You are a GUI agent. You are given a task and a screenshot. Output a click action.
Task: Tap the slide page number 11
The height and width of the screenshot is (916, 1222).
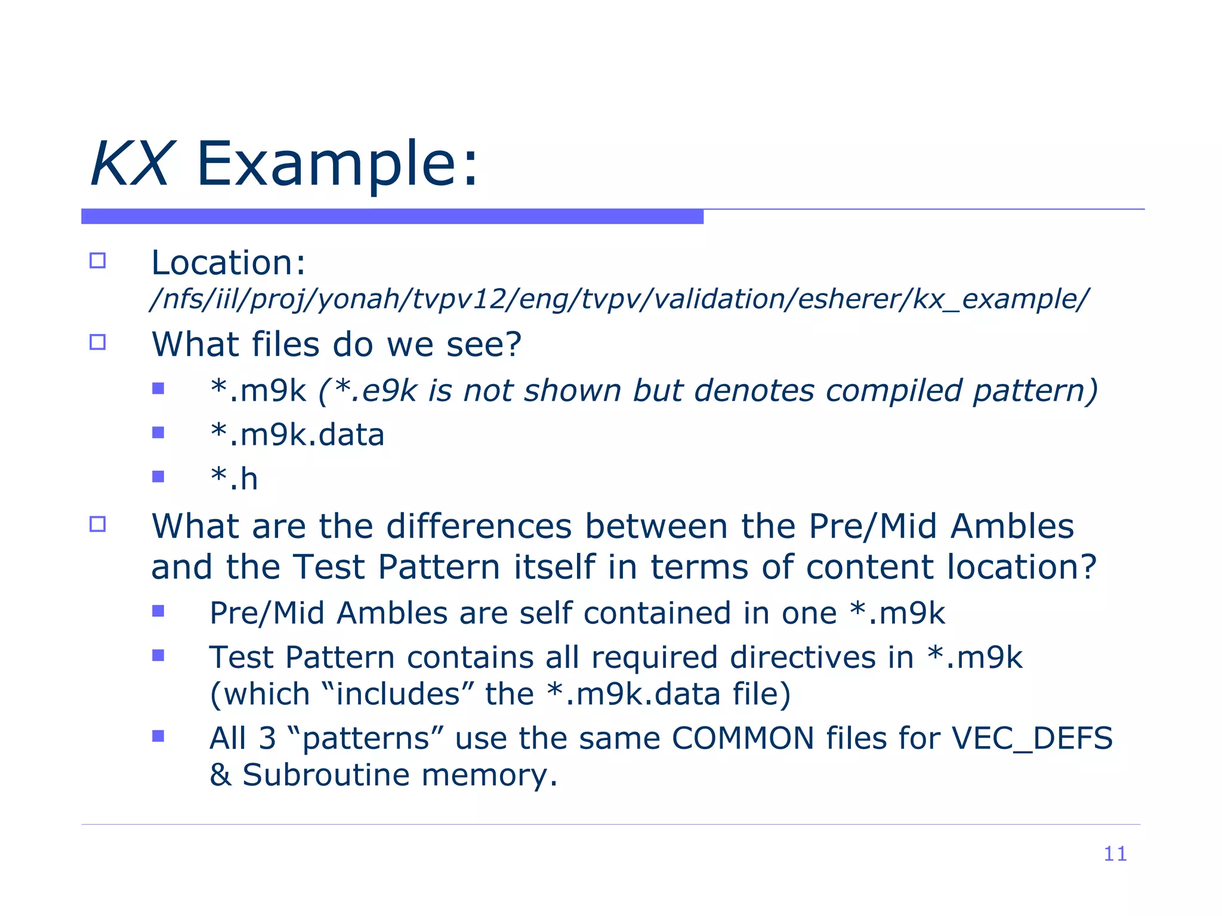coord(1115,853)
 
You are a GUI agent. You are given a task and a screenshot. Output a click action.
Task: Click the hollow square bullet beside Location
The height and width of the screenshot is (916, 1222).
coord(97,261)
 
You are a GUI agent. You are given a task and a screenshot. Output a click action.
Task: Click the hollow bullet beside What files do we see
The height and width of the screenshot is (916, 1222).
coord(97,342)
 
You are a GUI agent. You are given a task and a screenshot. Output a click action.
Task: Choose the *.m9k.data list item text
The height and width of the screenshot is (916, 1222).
coord(297,435)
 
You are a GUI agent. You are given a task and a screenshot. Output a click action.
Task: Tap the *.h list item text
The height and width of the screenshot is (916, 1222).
coord(234,479)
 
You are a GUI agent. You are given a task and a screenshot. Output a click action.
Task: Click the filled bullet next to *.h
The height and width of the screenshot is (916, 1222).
coord(158,476)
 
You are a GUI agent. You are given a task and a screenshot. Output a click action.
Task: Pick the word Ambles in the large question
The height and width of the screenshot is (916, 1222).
coord(1012,527)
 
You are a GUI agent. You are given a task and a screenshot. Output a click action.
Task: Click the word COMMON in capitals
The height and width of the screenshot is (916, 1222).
coord(743,738)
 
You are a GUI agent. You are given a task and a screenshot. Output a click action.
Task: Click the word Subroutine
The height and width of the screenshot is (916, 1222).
coord(326,775)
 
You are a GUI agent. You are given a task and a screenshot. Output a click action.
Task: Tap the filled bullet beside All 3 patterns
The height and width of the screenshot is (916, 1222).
coord(158,736)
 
